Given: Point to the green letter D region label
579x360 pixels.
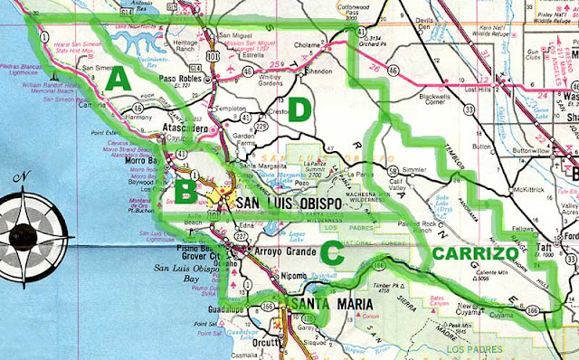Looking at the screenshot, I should [299, 110].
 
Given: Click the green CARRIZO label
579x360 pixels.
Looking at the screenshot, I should [475, 255].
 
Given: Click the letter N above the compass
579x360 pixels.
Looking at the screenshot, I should [28, 176].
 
